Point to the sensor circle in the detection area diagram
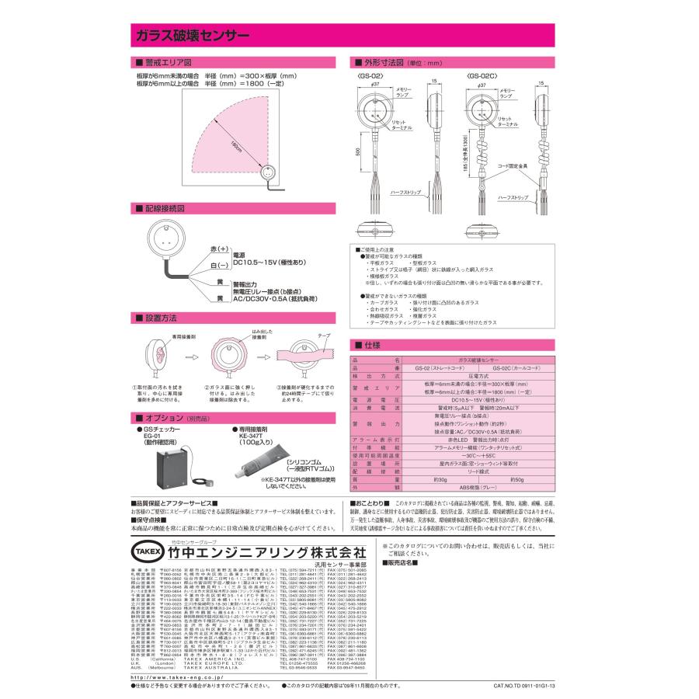[x=268, y=173]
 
